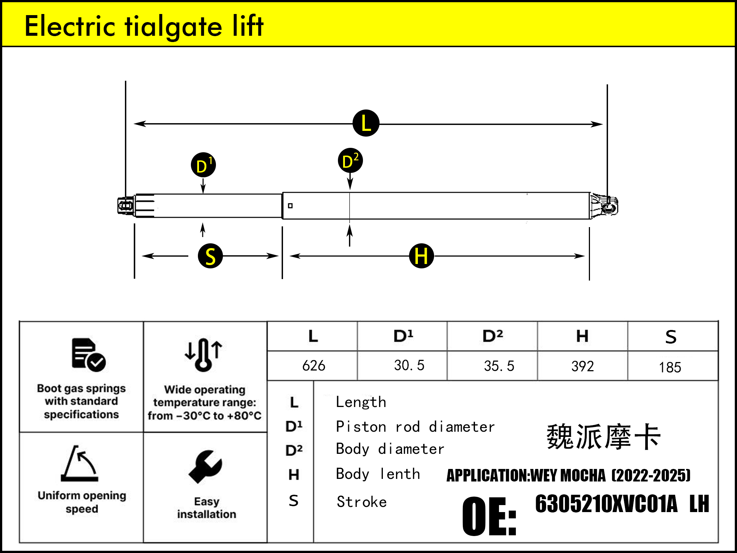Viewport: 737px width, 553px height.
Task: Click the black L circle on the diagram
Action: tap(366, 123)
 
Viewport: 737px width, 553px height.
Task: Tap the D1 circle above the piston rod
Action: tap(203, 165)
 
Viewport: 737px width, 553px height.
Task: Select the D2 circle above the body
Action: tap(350, 161)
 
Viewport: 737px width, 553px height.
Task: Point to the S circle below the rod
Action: tap(210, 256)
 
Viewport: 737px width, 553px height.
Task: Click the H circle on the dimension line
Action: tap(422, 256)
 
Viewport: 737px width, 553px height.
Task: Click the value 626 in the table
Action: tap(314, 366)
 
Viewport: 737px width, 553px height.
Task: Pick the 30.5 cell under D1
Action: tap(409, 365)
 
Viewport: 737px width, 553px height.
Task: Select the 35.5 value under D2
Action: tap(499, 366)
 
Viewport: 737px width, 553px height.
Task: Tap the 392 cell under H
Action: tap(583, 366)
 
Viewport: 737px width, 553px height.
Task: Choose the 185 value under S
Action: tap(670, 367)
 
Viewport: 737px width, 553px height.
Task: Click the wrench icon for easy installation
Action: tap(206, 466)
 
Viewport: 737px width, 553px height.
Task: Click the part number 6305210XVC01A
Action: tap(606, 504)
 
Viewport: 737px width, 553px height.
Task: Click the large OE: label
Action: tap(489, 516)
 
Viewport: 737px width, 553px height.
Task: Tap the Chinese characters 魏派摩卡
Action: tap(604, 437)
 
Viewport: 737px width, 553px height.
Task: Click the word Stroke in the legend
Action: tap(362, 502)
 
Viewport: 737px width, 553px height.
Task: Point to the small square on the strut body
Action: tap(290, 206)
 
